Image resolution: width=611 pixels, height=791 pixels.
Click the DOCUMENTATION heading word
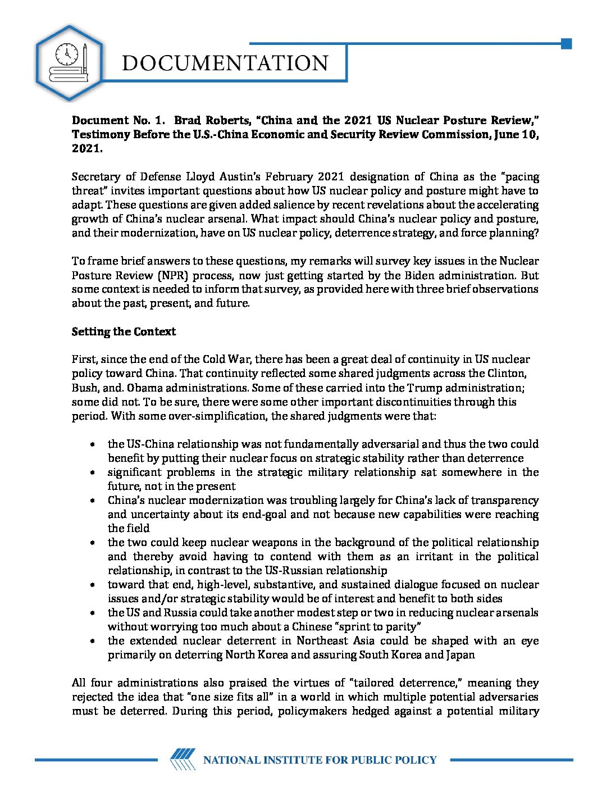coord(225,63)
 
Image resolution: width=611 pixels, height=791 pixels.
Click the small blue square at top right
coord(566,44)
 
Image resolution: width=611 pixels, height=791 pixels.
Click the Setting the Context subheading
coord(124,331)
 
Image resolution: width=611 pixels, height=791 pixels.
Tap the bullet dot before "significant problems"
coord(92,472)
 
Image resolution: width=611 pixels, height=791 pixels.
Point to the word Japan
coord(460,654)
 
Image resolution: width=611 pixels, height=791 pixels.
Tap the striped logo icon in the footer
coord(183,760)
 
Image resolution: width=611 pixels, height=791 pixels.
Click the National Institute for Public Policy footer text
coord(320,760)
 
